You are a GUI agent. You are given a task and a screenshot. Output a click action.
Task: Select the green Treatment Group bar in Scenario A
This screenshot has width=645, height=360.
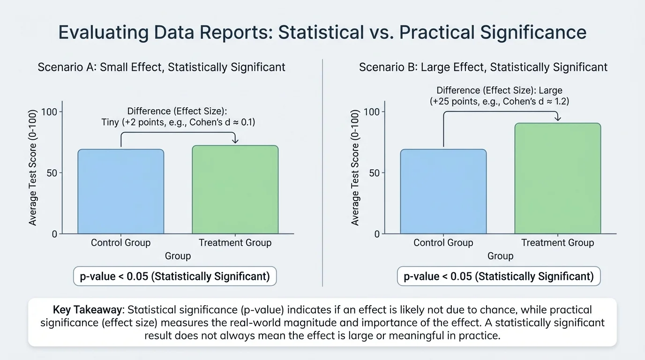point(235,189)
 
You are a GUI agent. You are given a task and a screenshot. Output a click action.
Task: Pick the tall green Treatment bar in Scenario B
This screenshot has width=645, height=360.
point(558,178)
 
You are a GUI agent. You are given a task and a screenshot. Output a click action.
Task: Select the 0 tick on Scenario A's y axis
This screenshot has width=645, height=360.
point(54,233)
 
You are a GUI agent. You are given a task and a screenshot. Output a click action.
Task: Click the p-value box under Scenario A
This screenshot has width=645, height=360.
point(175,276)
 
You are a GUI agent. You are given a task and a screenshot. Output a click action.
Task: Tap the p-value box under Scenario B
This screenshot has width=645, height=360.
point(499,276)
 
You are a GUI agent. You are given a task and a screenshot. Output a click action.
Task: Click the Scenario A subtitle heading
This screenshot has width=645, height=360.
point(161,67)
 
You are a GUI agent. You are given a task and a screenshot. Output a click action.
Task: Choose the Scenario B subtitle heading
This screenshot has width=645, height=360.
point(483,67)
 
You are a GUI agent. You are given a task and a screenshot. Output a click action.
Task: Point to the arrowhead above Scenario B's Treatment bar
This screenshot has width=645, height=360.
point(558,119)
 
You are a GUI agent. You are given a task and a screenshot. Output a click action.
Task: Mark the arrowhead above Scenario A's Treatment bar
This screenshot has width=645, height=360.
point(235,141)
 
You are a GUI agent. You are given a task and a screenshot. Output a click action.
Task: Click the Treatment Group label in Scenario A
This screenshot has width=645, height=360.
point(235,242)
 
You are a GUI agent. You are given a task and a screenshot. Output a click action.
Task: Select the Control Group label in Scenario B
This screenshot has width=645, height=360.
point(443,242)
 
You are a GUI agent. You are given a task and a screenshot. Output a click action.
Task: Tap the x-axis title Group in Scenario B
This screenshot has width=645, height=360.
point(500,256)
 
